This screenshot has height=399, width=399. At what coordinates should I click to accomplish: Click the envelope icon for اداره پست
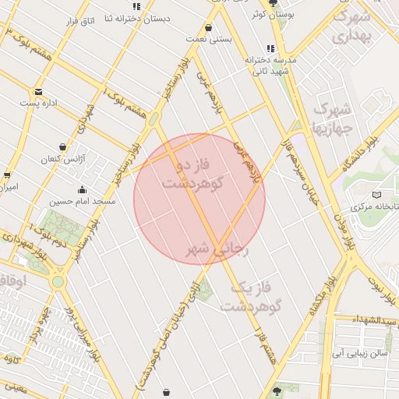click(x=38, y=92)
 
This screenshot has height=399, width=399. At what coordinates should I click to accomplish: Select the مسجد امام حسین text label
click(x=83, y=201)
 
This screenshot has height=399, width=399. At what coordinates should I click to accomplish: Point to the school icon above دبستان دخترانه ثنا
click(x=137, y=7)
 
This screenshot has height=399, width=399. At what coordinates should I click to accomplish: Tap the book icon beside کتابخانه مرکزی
click(x=377, y=193)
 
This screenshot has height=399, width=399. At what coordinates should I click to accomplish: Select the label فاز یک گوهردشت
click(x=249, y=297)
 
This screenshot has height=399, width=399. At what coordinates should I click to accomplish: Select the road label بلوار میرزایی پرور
click(x=79, y=328)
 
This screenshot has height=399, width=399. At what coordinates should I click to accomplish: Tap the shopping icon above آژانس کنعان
click(x=62, y=146)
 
